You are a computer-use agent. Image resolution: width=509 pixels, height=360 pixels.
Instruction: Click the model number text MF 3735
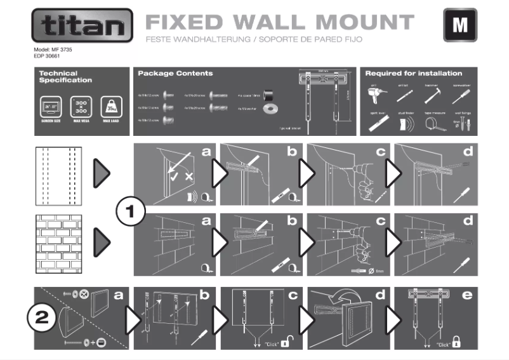click(x=53, y=49)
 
